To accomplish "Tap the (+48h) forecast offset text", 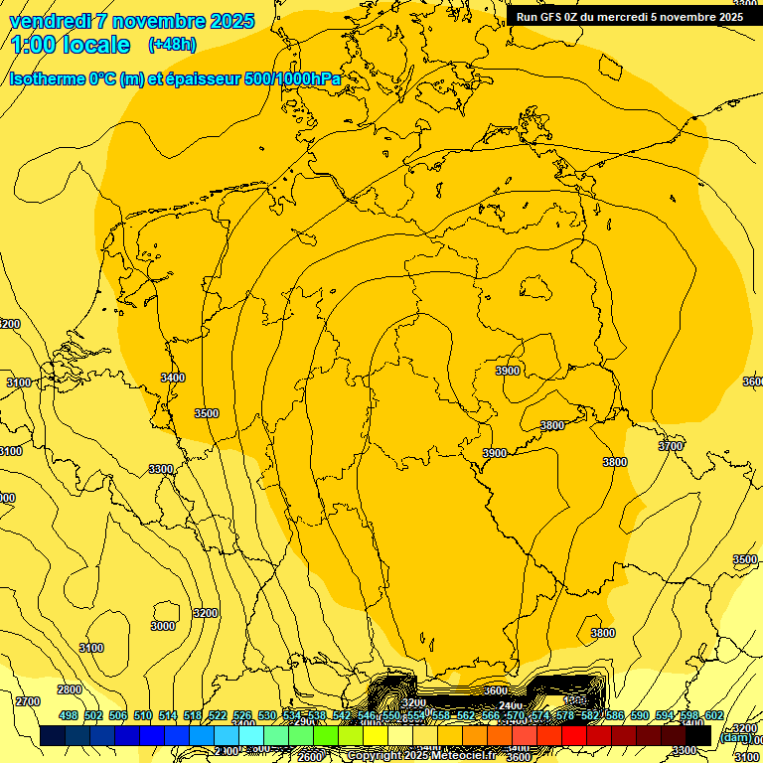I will (172, 45).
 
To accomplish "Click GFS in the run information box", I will (553, 17).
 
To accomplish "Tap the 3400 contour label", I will (173, 378).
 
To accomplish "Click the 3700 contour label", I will (671, 447).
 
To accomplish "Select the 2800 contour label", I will (70, 689).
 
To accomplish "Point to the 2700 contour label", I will (28, 701).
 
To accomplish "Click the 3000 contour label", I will (163, 626).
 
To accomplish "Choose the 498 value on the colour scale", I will (69, 715).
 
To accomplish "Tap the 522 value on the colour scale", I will (218, 715).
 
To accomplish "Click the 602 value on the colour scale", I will (714, 715).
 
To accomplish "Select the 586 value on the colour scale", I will (615, 715).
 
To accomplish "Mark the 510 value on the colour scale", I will (143, 715).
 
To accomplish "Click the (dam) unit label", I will (734, 737).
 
